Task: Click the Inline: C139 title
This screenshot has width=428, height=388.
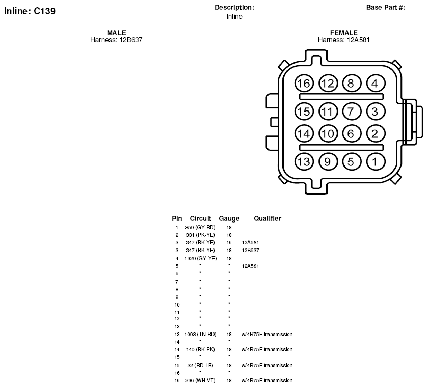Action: point(30,11)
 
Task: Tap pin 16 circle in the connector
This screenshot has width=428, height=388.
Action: point(304,84)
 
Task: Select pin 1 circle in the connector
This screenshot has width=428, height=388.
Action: point(376,162)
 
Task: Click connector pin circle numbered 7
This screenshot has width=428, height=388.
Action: point(352,112)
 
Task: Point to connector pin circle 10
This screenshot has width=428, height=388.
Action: point(328,134)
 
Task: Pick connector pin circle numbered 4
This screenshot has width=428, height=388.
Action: point(376,84)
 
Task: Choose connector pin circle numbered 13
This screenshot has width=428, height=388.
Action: point(304,162)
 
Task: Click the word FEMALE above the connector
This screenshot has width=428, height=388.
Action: point(343,33)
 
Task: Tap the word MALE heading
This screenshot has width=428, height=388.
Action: point(117,33)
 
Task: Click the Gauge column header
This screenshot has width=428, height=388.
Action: point(229,218)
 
